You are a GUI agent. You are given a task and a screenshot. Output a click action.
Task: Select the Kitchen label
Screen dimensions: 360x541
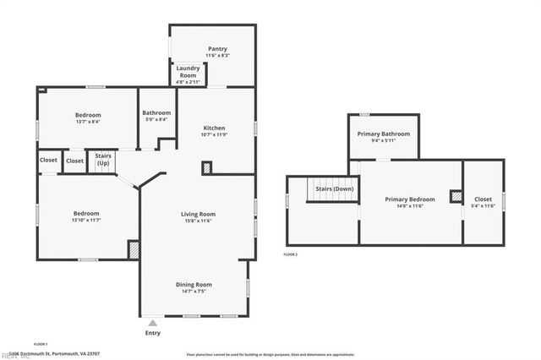(x=215, y=128)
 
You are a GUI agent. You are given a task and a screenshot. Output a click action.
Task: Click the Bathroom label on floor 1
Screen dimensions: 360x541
(x=156, y=112)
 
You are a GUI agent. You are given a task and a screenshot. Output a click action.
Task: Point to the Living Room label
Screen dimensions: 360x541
(x=199, y=214)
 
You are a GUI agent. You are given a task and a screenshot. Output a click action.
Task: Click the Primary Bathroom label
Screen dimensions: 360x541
(x=383, y=134)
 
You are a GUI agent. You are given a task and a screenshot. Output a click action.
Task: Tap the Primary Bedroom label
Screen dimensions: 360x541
(x=410, y=199)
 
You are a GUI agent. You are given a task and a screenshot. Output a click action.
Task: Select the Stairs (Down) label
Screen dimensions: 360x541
(x=335, y=188)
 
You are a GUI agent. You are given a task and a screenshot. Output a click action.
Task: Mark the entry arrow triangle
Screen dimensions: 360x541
(x=152, y=322)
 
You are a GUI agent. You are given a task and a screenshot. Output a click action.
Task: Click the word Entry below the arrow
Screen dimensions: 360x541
(x=152, y=333)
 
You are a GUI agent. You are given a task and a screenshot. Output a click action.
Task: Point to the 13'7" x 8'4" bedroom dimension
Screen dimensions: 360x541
(x=88, y=122)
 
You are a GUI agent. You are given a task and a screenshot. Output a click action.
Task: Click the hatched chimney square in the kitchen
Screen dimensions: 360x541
(x=206, y=168)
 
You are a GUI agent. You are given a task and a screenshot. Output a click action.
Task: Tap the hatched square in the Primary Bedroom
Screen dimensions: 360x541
(x=456, y=196)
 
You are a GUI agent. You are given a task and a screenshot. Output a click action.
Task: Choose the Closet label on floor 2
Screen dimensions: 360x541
(x=483, y=199)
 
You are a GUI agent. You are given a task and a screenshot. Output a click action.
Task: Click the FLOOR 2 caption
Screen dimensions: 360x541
(x=290, y=254)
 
